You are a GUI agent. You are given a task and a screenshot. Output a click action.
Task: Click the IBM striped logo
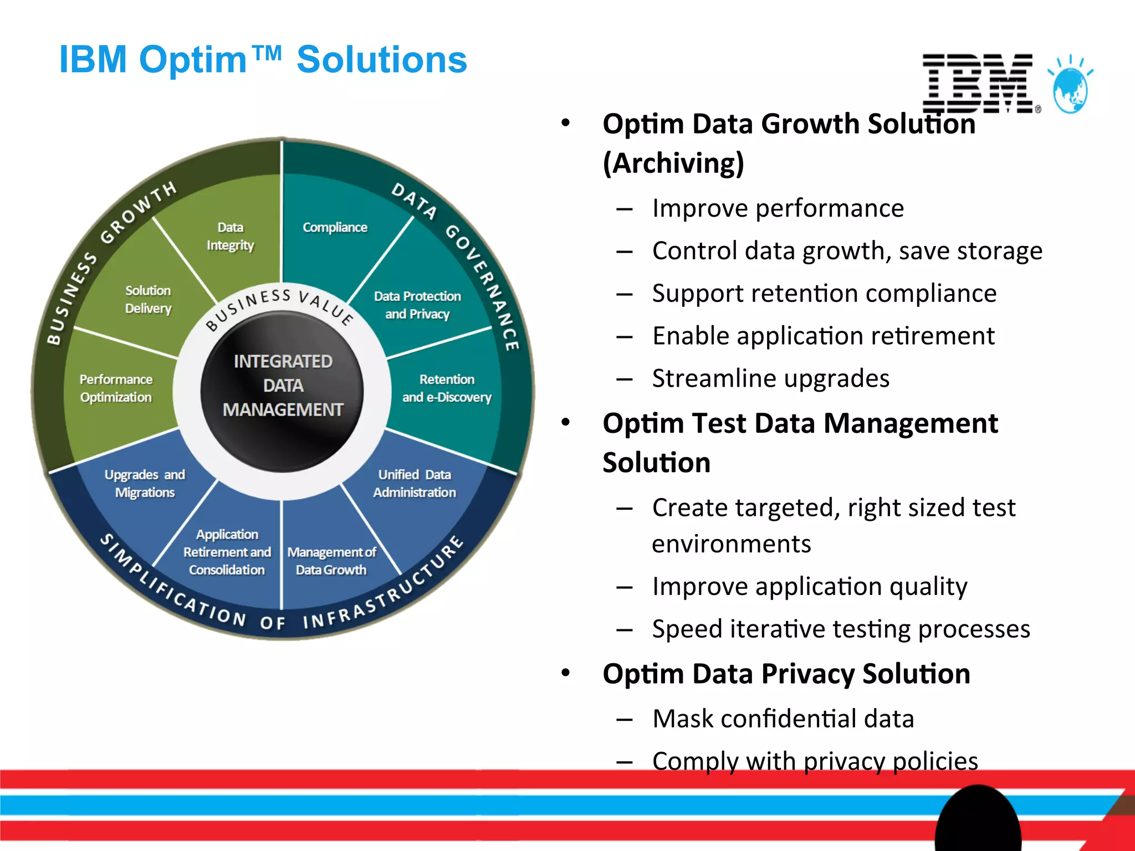click(978, 83)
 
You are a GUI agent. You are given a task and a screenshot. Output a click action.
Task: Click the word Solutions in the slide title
click(381, 60)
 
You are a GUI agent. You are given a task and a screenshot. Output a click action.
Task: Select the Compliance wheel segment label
click(335, 227)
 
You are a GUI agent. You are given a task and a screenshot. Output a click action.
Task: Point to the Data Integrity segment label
click(230, 236)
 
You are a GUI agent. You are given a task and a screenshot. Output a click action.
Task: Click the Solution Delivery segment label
click(148, 299)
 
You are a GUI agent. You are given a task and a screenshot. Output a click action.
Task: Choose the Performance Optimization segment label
click(115, 388)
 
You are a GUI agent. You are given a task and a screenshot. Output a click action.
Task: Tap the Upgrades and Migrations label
click(145, 483)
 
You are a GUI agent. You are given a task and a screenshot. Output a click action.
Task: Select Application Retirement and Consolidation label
click(227, 552)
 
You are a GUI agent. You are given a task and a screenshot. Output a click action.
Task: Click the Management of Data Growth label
click(331, 561)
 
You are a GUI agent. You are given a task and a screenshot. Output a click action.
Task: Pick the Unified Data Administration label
click(415, 483)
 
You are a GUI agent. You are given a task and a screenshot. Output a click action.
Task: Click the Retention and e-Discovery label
click(447, 388)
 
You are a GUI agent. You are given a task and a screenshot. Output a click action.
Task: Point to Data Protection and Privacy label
click(417, 305)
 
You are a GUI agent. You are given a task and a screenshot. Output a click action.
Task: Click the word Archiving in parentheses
click(673, 163)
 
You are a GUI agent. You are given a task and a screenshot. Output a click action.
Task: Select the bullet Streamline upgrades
click(770, 378)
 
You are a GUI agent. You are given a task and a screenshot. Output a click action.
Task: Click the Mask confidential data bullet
click(783, 719)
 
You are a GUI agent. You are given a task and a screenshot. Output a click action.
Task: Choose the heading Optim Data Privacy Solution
click(786, 674)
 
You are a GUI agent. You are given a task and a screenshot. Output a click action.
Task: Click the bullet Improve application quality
click(809, 586)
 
